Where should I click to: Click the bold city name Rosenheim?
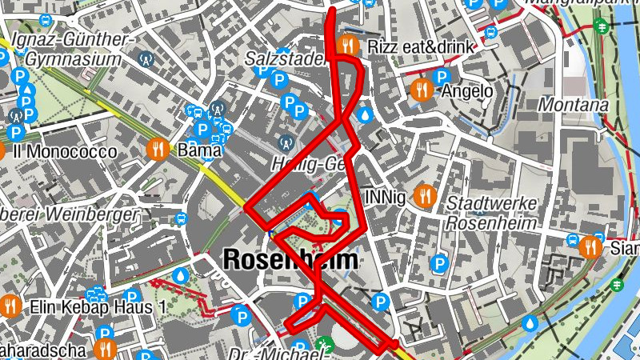(291, 259)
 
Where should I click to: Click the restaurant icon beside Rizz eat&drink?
(346, 46)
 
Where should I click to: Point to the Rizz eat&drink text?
(421, 46)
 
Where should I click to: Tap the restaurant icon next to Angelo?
(422, 90)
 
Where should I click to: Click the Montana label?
(573, 105)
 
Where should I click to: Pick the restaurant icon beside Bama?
(158, 149)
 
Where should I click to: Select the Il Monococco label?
(65, 151)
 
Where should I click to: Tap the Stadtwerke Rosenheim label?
(490, 212)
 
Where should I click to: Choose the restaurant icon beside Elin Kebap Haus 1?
(10, 306)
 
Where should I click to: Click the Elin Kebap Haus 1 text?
(97, 306)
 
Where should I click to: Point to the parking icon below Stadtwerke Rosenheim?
(438, 262)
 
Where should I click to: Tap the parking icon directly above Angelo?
(440, 77)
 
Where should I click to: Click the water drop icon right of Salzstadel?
(366, 115)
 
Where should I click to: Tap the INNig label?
(384, 195)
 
